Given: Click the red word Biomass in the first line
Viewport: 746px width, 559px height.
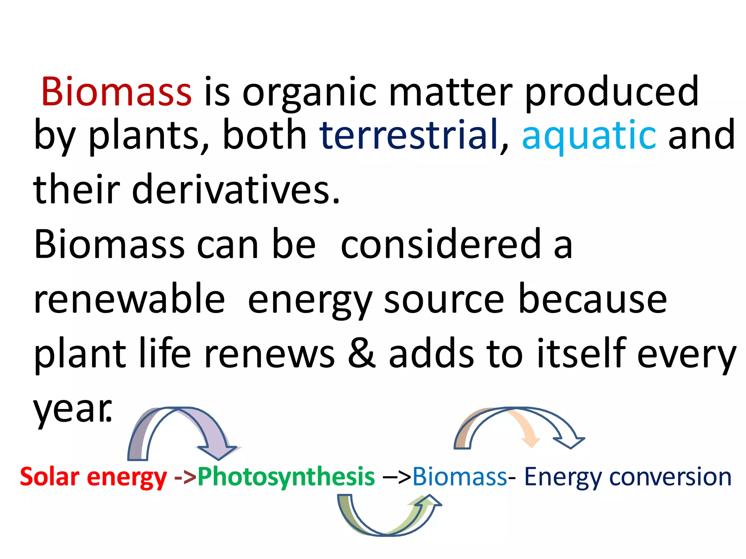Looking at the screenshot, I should coord(116,92).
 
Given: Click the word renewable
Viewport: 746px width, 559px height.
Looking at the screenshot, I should coord(129,299).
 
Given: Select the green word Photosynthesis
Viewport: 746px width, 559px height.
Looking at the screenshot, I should coord(286,477).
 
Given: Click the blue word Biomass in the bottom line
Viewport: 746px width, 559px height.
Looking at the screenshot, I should coord(460,477).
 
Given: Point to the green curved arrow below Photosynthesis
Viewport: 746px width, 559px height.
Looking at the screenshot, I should coord(386,524).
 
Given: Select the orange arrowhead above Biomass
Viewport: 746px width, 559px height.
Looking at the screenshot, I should coord(530,440).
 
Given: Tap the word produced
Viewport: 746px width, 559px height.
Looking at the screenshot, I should coord(612,92).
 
